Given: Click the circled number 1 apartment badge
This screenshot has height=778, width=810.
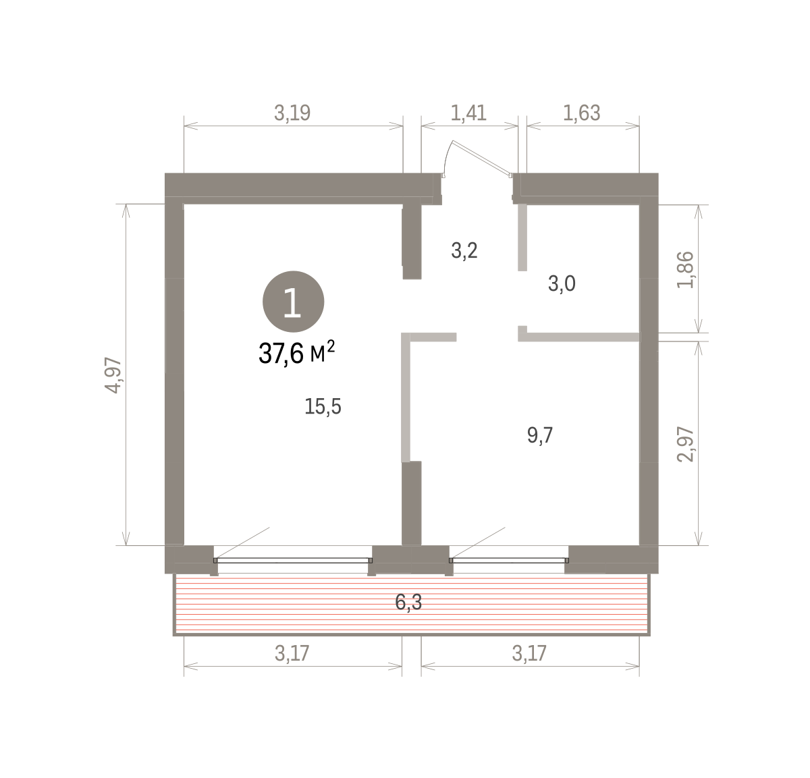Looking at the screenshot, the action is coord(293,302).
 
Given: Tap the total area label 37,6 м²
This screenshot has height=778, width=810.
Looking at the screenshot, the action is coord(296,353).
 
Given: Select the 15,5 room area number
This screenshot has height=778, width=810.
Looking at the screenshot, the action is coord(323,406).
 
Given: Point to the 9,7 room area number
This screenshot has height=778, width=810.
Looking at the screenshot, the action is coord(540,436).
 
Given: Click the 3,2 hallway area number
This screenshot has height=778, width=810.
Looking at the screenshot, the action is coord(464,251).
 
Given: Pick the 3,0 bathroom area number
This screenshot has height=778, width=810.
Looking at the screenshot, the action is coord(562,284).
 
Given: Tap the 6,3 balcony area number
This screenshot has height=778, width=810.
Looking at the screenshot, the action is coord(408,602).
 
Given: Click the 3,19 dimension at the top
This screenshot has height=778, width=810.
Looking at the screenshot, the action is coord(292,113).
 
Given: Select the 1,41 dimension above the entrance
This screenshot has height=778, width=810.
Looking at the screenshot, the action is coord(468,113).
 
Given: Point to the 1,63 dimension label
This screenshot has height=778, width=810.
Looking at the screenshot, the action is coord(582,113).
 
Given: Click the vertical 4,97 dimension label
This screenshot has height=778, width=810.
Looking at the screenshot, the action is coord(113,375).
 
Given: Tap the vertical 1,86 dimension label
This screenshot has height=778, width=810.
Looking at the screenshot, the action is coord(686,270).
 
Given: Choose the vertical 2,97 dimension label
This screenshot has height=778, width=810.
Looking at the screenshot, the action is coord(686,445).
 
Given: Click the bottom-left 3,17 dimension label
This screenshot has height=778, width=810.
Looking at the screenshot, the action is coord(292,653).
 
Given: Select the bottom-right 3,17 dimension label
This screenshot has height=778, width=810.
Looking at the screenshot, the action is coord(529,653).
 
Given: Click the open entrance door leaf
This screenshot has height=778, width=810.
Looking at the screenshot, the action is coord(482,159).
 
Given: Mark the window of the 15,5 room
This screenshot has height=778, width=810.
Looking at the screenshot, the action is coord(293,561).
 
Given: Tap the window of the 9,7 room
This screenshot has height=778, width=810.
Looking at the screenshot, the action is coord(509,561).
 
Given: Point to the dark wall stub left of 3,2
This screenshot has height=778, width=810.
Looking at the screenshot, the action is coord(412,242).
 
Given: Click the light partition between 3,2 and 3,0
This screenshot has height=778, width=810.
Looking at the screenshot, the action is coord(522,238).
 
